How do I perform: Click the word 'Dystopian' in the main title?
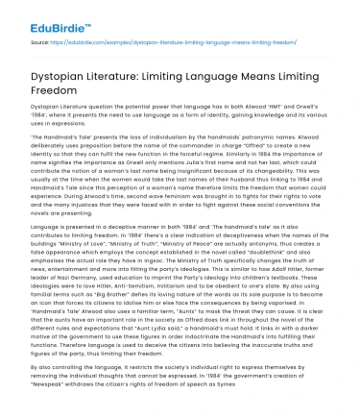[x=61, y=73]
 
